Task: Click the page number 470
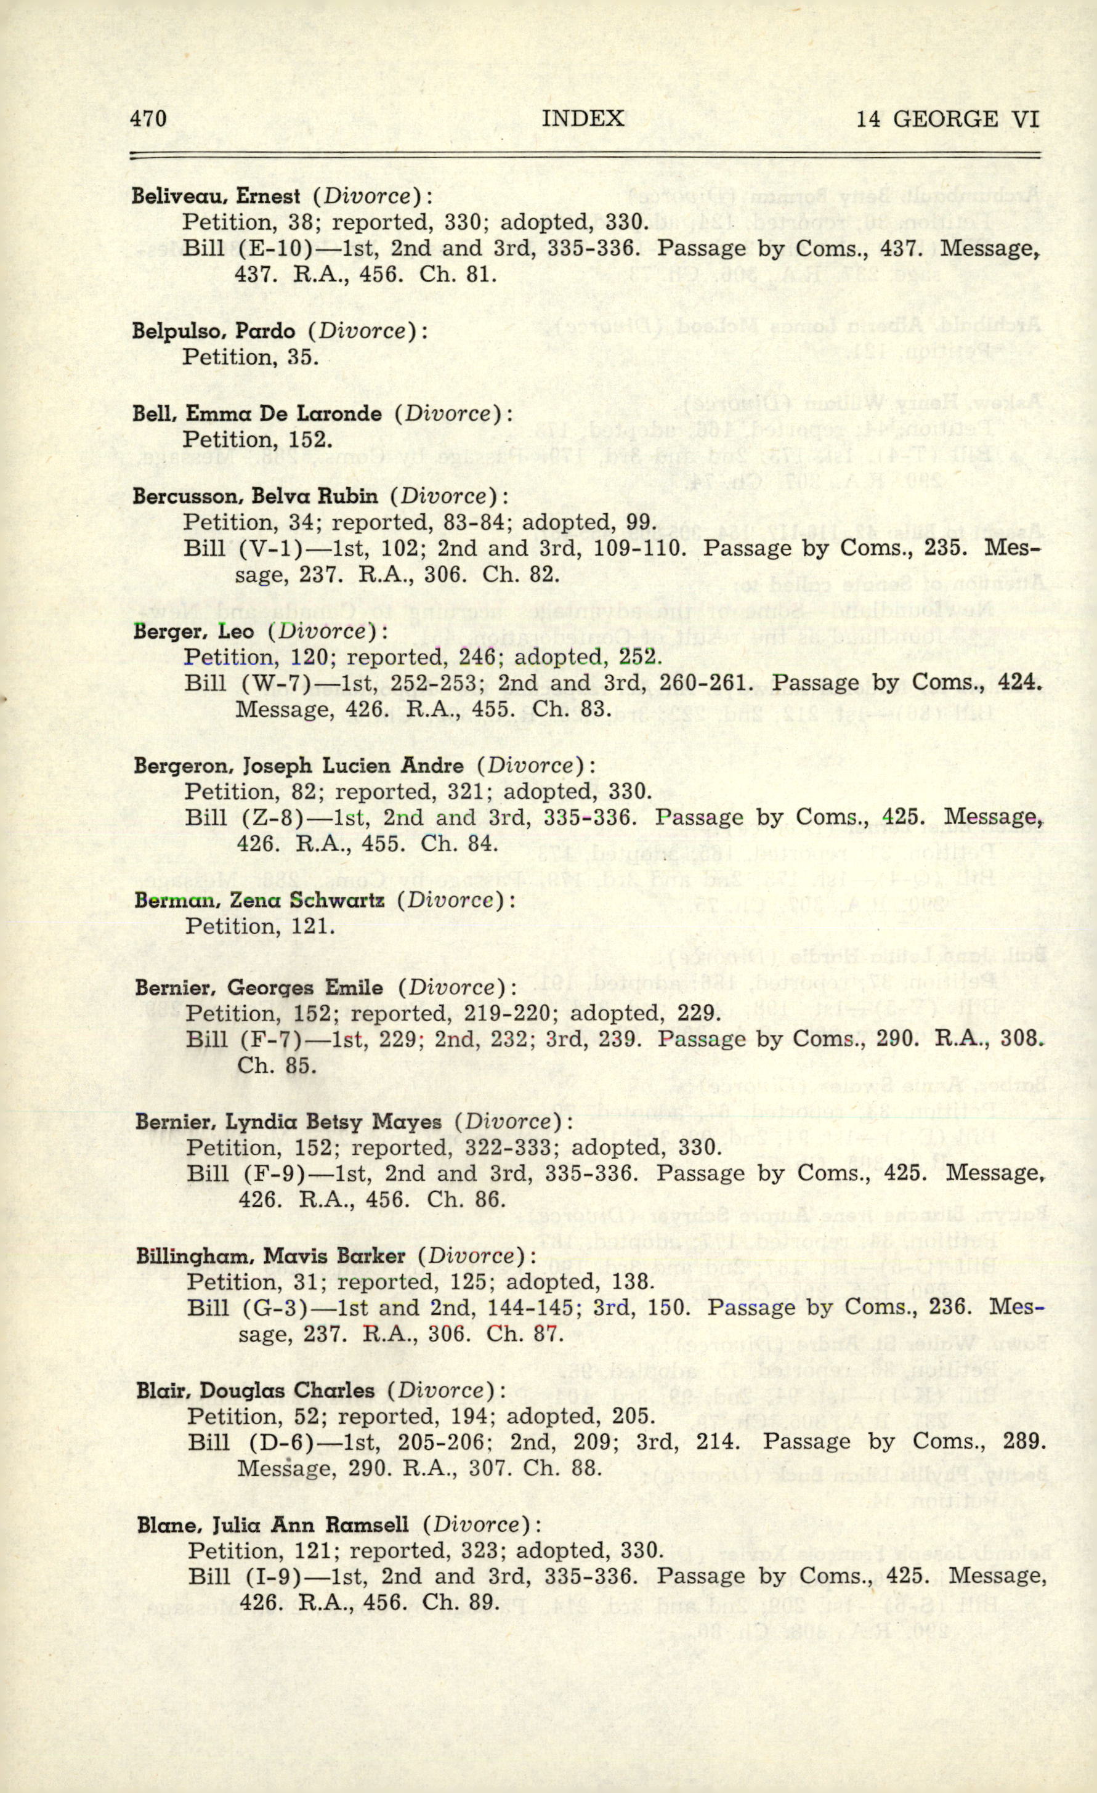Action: [x=148, y=119]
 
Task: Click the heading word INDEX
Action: [x=583, y=119]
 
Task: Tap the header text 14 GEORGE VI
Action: [x=947, y=119]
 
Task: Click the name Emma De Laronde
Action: [x=284, y=414]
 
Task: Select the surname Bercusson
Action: [x=186, y=497]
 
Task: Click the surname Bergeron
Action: [x=184, y=766]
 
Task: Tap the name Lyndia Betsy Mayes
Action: [x=333, y=1122]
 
